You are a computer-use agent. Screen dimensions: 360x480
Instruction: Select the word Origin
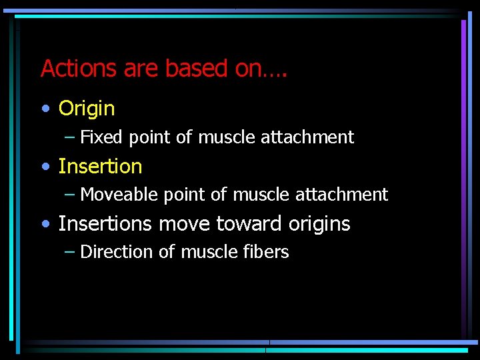pyautogui.click(x=87, y=109)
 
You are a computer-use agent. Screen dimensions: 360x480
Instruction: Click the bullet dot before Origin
pyautogui.click(x=45, y=109)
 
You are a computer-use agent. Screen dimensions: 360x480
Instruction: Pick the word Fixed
pyautogui.click(x=101, y=137)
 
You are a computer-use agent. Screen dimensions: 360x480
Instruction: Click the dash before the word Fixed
pyautogui.click(x=70, y=138)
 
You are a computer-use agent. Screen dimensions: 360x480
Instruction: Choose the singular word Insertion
pyautogui.click(x=100, y=166)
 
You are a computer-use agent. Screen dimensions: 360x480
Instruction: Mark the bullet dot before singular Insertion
pyautogui.click(x=45, y=167)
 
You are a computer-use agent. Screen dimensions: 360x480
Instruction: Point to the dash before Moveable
pyautogui.click(x=70, y=195)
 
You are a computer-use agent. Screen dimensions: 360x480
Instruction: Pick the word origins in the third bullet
pyautogui.click(x=319, y=225)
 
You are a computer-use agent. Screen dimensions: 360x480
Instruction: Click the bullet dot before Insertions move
pyautogui.click(x=45, y=224)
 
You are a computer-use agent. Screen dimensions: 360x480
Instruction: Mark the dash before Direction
pyautogui.click(x=70, y=253)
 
